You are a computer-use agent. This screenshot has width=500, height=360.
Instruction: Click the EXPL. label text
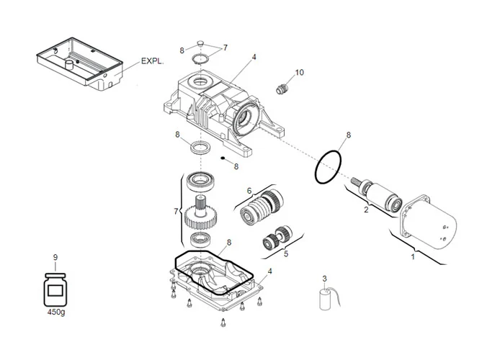[152, 62]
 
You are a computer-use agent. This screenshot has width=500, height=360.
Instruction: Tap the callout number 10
[300, 73]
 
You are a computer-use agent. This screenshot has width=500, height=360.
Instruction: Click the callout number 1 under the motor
[413, 256]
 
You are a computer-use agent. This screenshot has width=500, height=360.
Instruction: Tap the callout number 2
[366, 210]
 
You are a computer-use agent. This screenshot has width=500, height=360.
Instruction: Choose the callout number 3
[324, 279]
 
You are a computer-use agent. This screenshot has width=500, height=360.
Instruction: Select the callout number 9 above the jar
[55, 257]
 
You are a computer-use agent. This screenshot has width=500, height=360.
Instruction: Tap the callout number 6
[249, 191]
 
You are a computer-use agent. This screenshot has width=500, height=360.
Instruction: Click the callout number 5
[285, 253]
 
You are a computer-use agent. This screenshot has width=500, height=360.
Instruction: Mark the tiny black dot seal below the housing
[223, 160]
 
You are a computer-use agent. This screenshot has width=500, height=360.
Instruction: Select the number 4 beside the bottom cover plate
[269, 271]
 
